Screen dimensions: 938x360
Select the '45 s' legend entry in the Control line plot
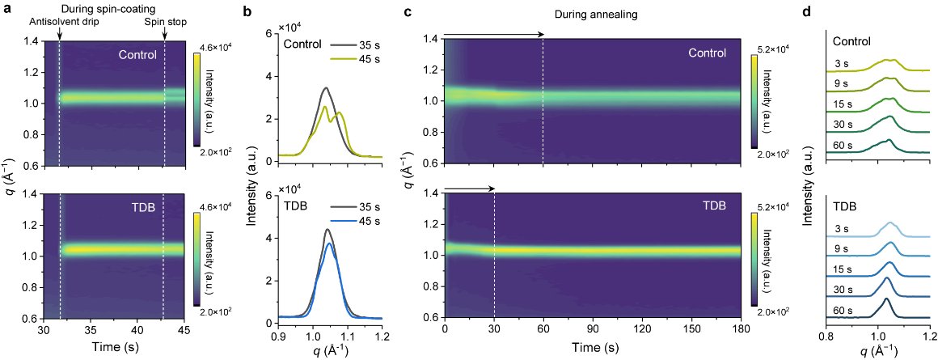(x=357, y=59)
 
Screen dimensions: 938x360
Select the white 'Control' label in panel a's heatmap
(x=137, y=55)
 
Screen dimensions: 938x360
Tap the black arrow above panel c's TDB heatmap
(x=470, y=189)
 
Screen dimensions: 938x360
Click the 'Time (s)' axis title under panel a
(x=112, y=345)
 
